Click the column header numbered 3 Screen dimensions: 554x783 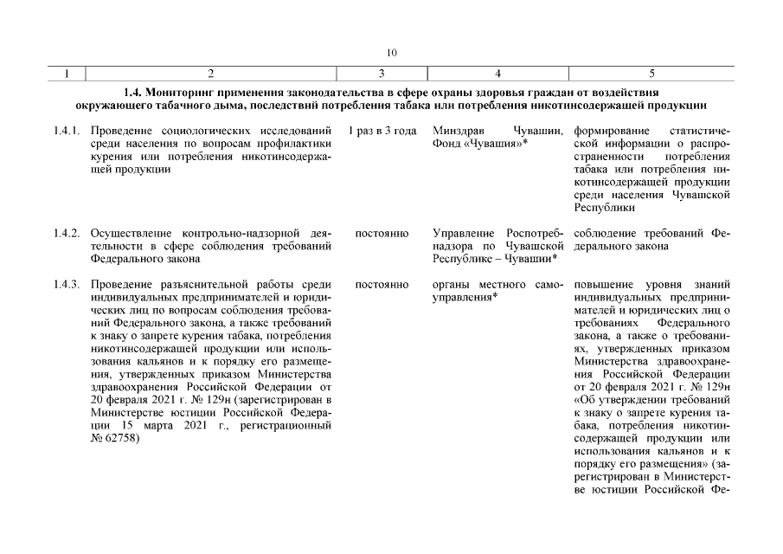pyautogui.click(x=381, y=74)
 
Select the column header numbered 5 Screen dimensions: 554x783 pyautogui.click(x=651, y=74)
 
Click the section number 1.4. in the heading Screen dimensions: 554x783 pyautogui.click(x=134, y=92)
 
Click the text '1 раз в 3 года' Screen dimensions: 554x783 pyautogui.click(x=381, y=132)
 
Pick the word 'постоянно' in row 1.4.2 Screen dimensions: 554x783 pyautogui.click(x=382, y=234)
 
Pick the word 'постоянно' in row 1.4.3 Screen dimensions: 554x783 pyautogui.click(x=382, y=284)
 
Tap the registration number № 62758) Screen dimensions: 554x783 pyautogui.click(x=115, y=437)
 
